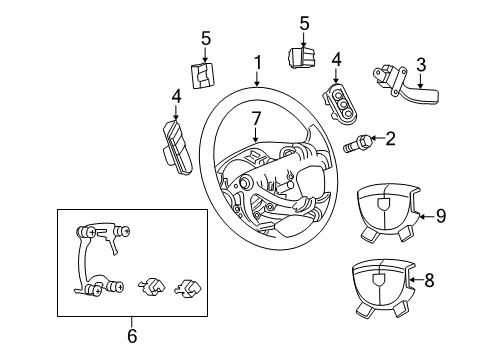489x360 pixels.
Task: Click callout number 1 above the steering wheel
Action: point(258,63)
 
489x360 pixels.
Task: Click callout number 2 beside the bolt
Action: point(390,139)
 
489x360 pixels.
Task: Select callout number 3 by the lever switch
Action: point(421,65)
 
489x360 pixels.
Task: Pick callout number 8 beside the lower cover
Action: point(429,281)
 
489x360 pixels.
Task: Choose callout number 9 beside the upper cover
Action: point(440,214)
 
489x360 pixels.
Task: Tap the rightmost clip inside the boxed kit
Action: point(184,289)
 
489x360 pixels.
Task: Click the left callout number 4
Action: point(176,98)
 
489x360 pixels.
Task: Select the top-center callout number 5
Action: point(305,22)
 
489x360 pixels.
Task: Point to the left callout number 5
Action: point(206,39)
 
